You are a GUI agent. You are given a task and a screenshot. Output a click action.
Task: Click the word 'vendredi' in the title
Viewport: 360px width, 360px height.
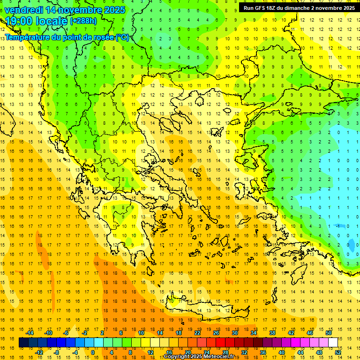click(24, 10)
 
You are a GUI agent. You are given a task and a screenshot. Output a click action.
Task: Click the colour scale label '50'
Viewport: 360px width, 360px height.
click(329, 333)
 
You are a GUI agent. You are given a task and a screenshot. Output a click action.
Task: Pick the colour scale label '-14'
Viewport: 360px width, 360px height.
click(29, 333)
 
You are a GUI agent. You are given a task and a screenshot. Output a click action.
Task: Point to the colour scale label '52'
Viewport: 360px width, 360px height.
click(338, 352)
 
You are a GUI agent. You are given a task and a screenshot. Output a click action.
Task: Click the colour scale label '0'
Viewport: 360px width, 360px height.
click(93, 352)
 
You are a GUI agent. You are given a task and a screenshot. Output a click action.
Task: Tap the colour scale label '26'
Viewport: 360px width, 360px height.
click(216, 333)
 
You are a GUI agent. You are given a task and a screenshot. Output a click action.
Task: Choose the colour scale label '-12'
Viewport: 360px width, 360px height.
click(38, 352)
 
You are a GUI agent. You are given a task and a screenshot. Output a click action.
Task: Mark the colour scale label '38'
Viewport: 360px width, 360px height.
click(272, 333)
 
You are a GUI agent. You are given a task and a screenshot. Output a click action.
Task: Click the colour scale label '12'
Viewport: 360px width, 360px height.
click(150, 352)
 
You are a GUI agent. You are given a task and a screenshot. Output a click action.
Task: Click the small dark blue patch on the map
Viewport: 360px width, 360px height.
click(352, 244)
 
